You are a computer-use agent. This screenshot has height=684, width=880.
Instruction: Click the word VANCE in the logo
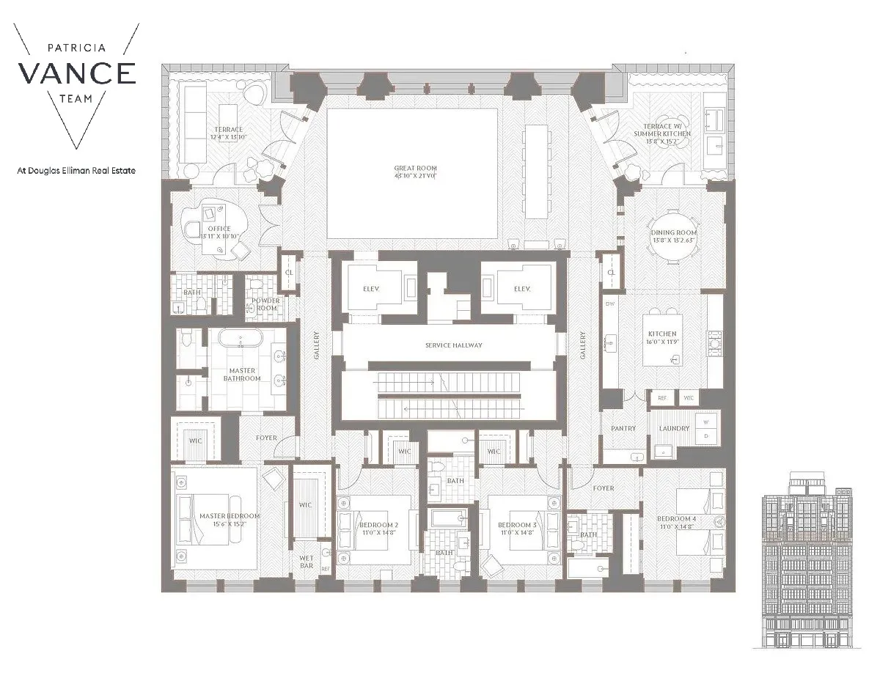pos(76,73)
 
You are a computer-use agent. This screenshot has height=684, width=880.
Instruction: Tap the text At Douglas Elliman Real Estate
pos(76,171)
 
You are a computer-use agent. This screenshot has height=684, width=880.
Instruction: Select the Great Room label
pos(414,172)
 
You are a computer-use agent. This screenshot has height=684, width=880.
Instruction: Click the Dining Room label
pos(673,237)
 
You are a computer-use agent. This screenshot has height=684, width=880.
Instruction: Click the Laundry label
pos(674,428)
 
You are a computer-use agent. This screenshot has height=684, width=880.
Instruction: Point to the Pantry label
pos(623,428)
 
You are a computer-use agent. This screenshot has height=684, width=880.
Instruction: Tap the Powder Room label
pos(265,304)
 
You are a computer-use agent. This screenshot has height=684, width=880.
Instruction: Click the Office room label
pos(219,232)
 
